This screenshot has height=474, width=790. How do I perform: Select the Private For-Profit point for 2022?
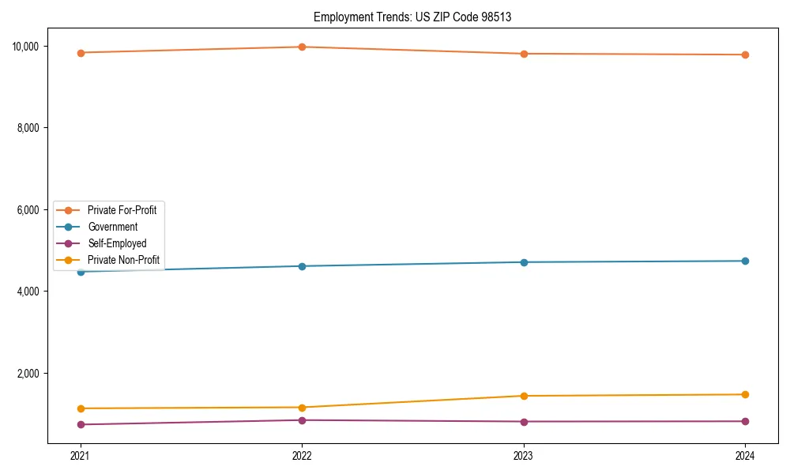coord(302,47)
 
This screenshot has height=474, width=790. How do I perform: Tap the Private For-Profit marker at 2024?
coord(745,55)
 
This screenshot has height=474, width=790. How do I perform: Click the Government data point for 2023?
coord(524,262)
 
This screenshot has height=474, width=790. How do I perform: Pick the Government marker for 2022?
coord(302,266)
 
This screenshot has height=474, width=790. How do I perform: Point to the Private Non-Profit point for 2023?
coord(524,396)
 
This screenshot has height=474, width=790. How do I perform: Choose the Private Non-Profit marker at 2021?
coord(80,408)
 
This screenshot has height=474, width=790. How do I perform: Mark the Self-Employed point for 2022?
coord(302,420)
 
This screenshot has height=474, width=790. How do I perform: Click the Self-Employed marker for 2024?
coord(745,421)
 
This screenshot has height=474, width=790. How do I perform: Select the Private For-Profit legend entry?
coord(122,210)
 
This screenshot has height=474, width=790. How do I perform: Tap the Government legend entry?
coord(112,227)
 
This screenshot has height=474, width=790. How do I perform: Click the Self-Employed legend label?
coord(117,243)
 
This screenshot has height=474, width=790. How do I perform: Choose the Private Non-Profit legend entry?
coord(123,260)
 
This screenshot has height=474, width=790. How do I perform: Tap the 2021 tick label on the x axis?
coord(80,455)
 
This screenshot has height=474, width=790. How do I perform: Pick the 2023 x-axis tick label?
coord(524,455)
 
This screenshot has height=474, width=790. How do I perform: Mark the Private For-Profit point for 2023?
coord(524,54)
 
